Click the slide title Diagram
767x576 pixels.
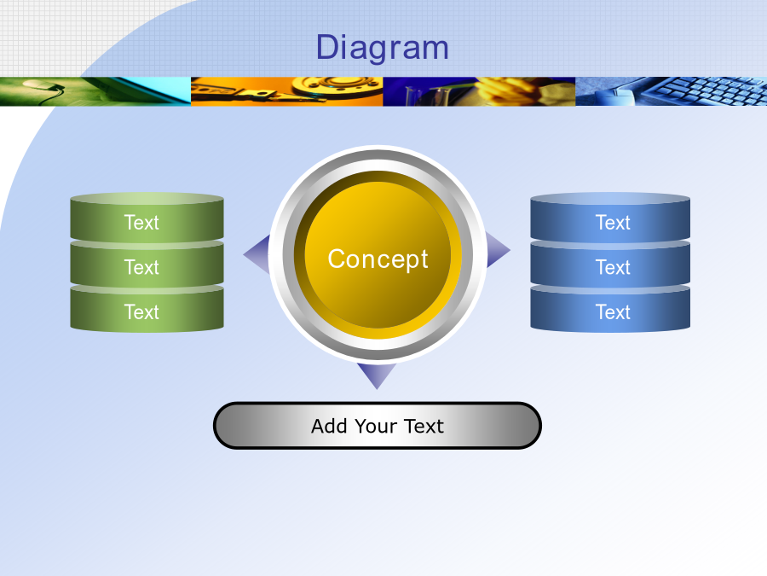pos(383,48)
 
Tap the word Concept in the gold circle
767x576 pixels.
pos(378,259)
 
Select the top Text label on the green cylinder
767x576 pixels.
pos(141,223)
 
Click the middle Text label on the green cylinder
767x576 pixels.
pos(141,267)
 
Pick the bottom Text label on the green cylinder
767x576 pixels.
pos(141,312)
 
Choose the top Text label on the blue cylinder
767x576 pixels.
pos(613,223)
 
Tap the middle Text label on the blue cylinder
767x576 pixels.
pos(613,267)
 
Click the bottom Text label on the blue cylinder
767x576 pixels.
pos(613,312)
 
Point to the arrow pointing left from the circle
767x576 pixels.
pos(257,253)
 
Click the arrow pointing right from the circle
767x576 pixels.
pos(498,250)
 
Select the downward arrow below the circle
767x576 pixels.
pos(377,375)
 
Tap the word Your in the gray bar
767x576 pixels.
pos(375,427)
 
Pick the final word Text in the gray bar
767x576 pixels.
pos(424,426)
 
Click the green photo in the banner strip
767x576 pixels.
pos(95,91)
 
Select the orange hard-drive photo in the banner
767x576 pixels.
pos(286,91)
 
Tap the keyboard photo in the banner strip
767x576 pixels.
pos(672,91)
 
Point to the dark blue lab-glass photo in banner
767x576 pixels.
pos(479,91)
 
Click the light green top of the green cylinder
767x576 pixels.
pos(147,198)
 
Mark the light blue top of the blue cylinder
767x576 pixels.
pos(610,198)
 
